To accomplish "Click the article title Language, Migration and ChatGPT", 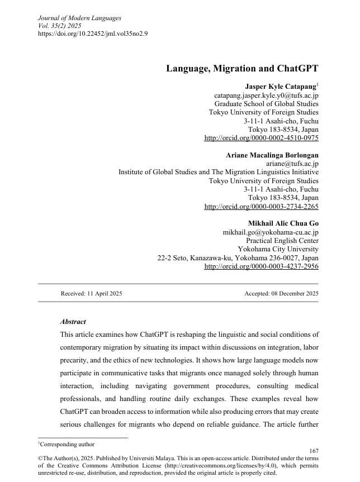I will pos(242,69).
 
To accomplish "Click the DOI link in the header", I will pos(93,33).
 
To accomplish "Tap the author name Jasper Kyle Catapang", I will pos(281,86).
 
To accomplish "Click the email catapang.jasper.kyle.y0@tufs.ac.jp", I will pos(266,96).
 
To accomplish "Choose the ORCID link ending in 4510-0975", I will pos(261,138).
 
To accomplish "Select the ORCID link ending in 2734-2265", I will pos(261,207).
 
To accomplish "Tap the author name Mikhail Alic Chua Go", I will pos(283,223).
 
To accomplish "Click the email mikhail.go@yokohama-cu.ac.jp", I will pos(271,232).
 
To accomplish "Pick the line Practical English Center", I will pos(282,241).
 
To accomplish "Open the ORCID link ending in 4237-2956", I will pos(261,266).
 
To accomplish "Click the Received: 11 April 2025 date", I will pos(91,293).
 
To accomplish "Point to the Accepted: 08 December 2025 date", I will pos(281,293).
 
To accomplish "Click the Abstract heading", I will pos(73,322).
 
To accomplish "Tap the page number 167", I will pos(314,451).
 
